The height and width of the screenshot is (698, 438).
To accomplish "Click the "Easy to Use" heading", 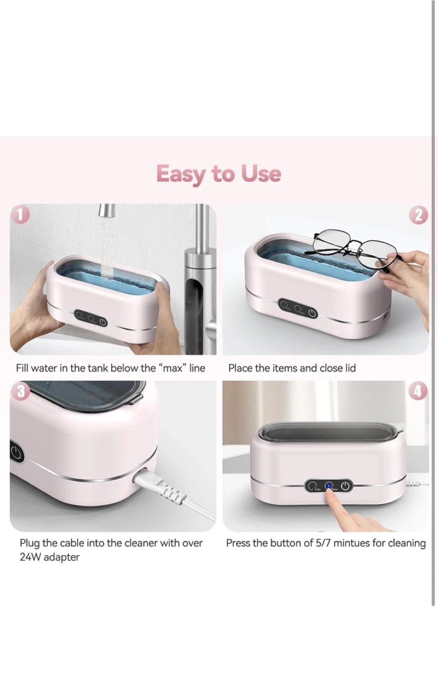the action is pos(219,174).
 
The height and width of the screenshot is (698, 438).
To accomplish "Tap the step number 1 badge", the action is pos(20,215).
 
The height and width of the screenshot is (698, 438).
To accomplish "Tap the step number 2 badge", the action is pos(418,215).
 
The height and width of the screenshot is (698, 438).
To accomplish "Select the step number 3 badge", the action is pos(20,391).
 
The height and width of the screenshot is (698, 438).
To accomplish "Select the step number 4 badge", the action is pos(418,391).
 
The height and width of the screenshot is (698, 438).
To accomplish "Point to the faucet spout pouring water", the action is pos(107,211).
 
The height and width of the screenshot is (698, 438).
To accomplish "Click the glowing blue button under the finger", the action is pos(328,486).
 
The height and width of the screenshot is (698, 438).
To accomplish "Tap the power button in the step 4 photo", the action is pos(345,486).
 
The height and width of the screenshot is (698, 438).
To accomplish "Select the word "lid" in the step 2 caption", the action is pos(350,368).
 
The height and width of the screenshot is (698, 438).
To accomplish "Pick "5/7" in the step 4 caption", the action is pos(323,543).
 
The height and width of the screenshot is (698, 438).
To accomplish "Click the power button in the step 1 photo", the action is pos(103,321).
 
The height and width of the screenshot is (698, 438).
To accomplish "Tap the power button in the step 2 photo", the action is pos(312,313).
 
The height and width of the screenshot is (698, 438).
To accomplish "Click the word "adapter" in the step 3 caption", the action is pos(62,557).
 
